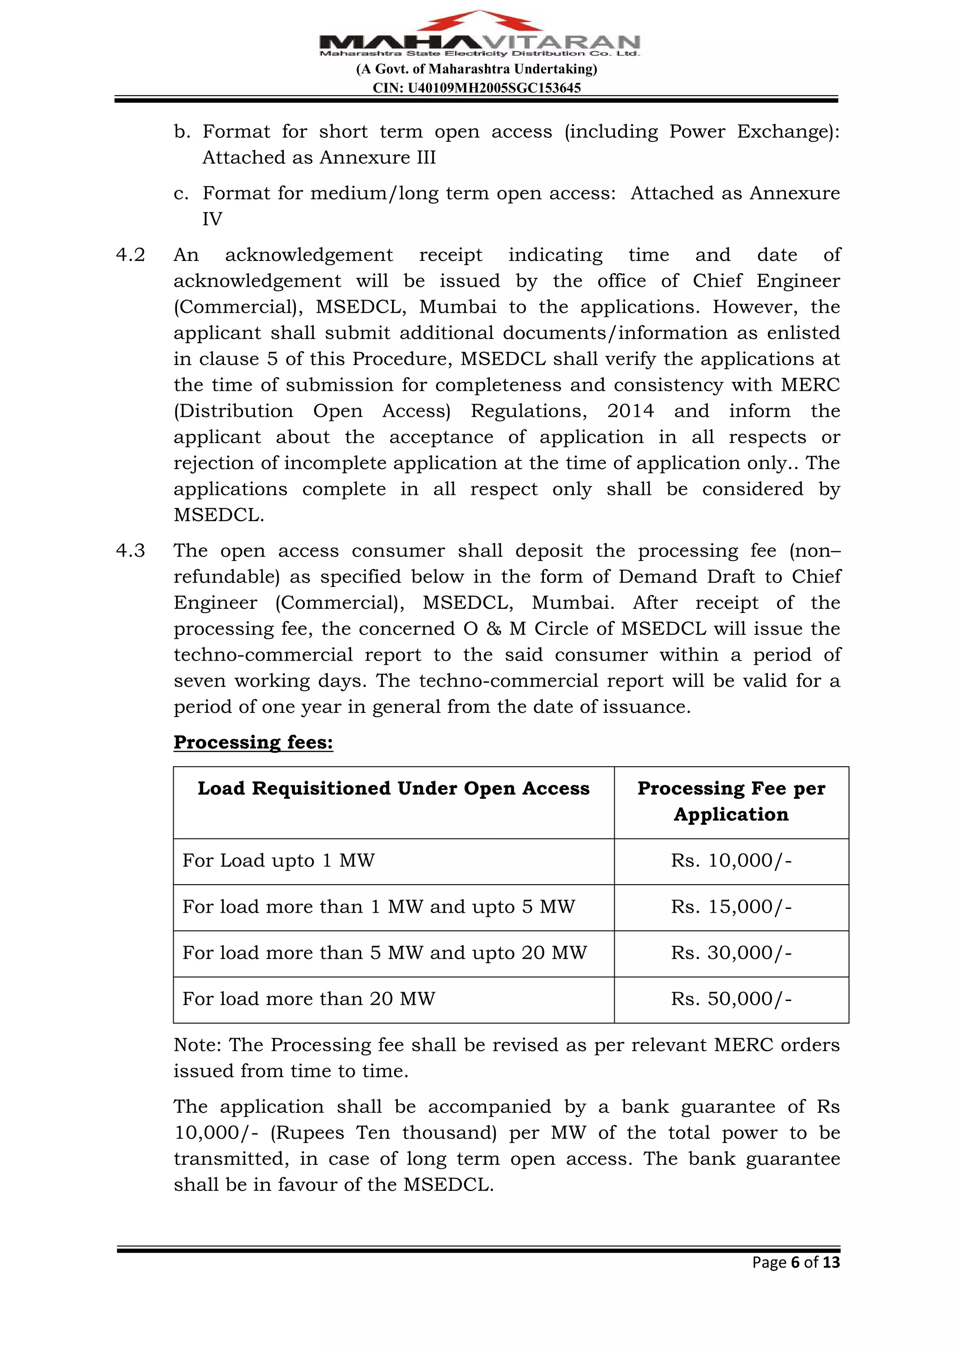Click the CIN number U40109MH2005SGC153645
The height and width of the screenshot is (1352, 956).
[x=477, y=88]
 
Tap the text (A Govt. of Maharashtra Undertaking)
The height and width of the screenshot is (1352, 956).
[x=477, y=70]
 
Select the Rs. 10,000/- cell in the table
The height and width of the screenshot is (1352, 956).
[x=731, y=861]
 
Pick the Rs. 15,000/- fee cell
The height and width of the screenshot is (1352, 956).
[x=731, y=907]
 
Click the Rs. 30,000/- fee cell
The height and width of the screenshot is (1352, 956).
[x=731, y=953]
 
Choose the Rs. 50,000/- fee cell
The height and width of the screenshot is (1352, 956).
[x=731, y=999]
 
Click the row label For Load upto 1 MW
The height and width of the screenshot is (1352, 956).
[x=278, y=861]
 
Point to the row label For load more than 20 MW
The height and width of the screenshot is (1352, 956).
[x=309, y=999]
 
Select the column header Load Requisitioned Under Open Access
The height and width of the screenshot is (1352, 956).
[x=393, y=789]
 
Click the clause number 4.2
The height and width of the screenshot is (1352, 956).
[x=130, y=255]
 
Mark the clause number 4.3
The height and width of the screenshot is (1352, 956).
[x=130, y=550]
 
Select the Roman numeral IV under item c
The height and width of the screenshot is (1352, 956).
[x=212, y=219]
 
